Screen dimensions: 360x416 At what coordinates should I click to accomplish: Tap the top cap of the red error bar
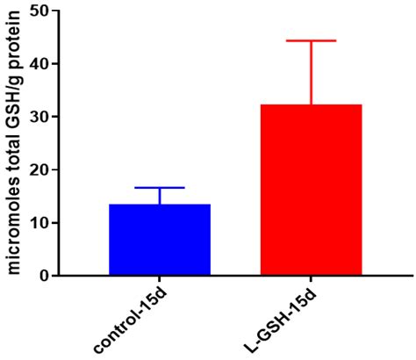tap(311, 40)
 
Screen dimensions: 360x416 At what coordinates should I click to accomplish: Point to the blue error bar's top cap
tap(159, 188)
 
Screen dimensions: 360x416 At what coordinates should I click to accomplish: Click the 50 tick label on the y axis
tap(38, 11)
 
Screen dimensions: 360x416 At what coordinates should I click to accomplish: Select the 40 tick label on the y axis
tap(38, 64)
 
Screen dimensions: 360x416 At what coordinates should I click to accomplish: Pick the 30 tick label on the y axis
tap(38, 117)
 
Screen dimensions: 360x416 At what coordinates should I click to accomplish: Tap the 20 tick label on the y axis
tap(38, 169)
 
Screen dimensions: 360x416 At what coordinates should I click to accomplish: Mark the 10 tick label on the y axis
tap(38, 223)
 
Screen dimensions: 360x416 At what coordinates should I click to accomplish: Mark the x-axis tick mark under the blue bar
tap(159, 281)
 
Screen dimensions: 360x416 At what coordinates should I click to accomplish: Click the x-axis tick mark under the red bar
tap(311, 281)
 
